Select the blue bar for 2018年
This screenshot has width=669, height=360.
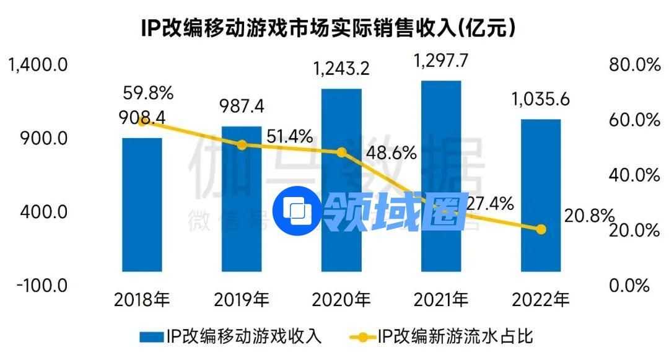pos(142,204)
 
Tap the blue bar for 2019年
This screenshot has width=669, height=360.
pos(242,198)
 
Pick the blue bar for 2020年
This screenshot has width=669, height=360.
pos(341,180)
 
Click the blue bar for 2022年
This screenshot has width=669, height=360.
pos(541,195)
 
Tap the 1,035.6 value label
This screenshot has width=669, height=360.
pos(541,99)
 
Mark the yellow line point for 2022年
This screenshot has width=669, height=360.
pos(541,229)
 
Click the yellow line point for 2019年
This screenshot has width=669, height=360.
pos(242,144)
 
